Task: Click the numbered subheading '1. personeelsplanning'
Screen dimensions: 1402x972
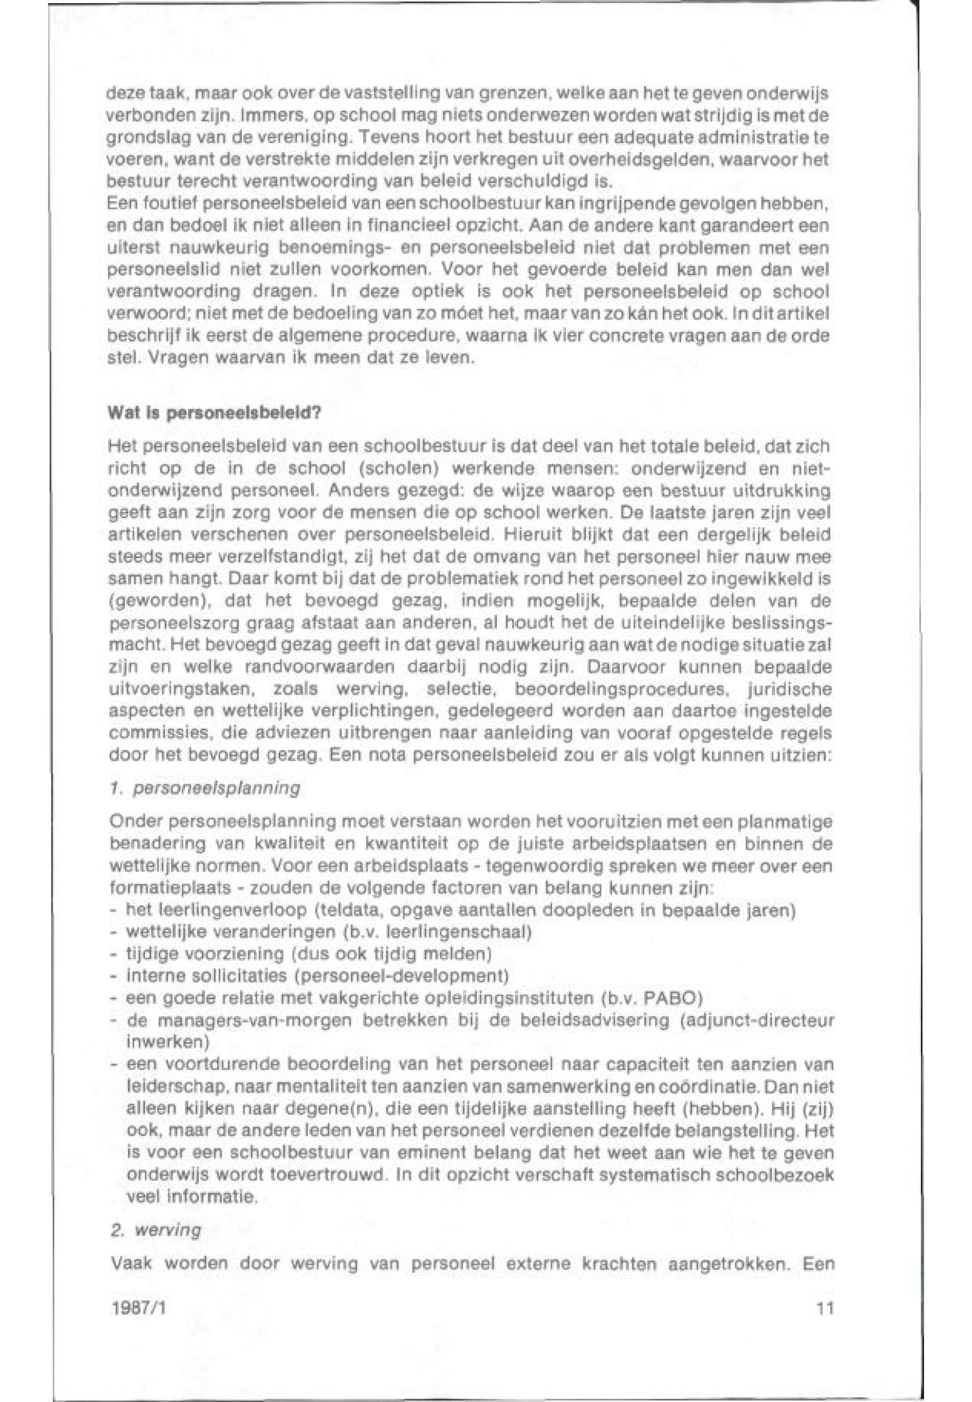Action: [x=204, y=788]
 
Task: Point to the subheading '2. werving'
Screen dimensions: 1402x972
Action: [x=155, y=1230]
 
